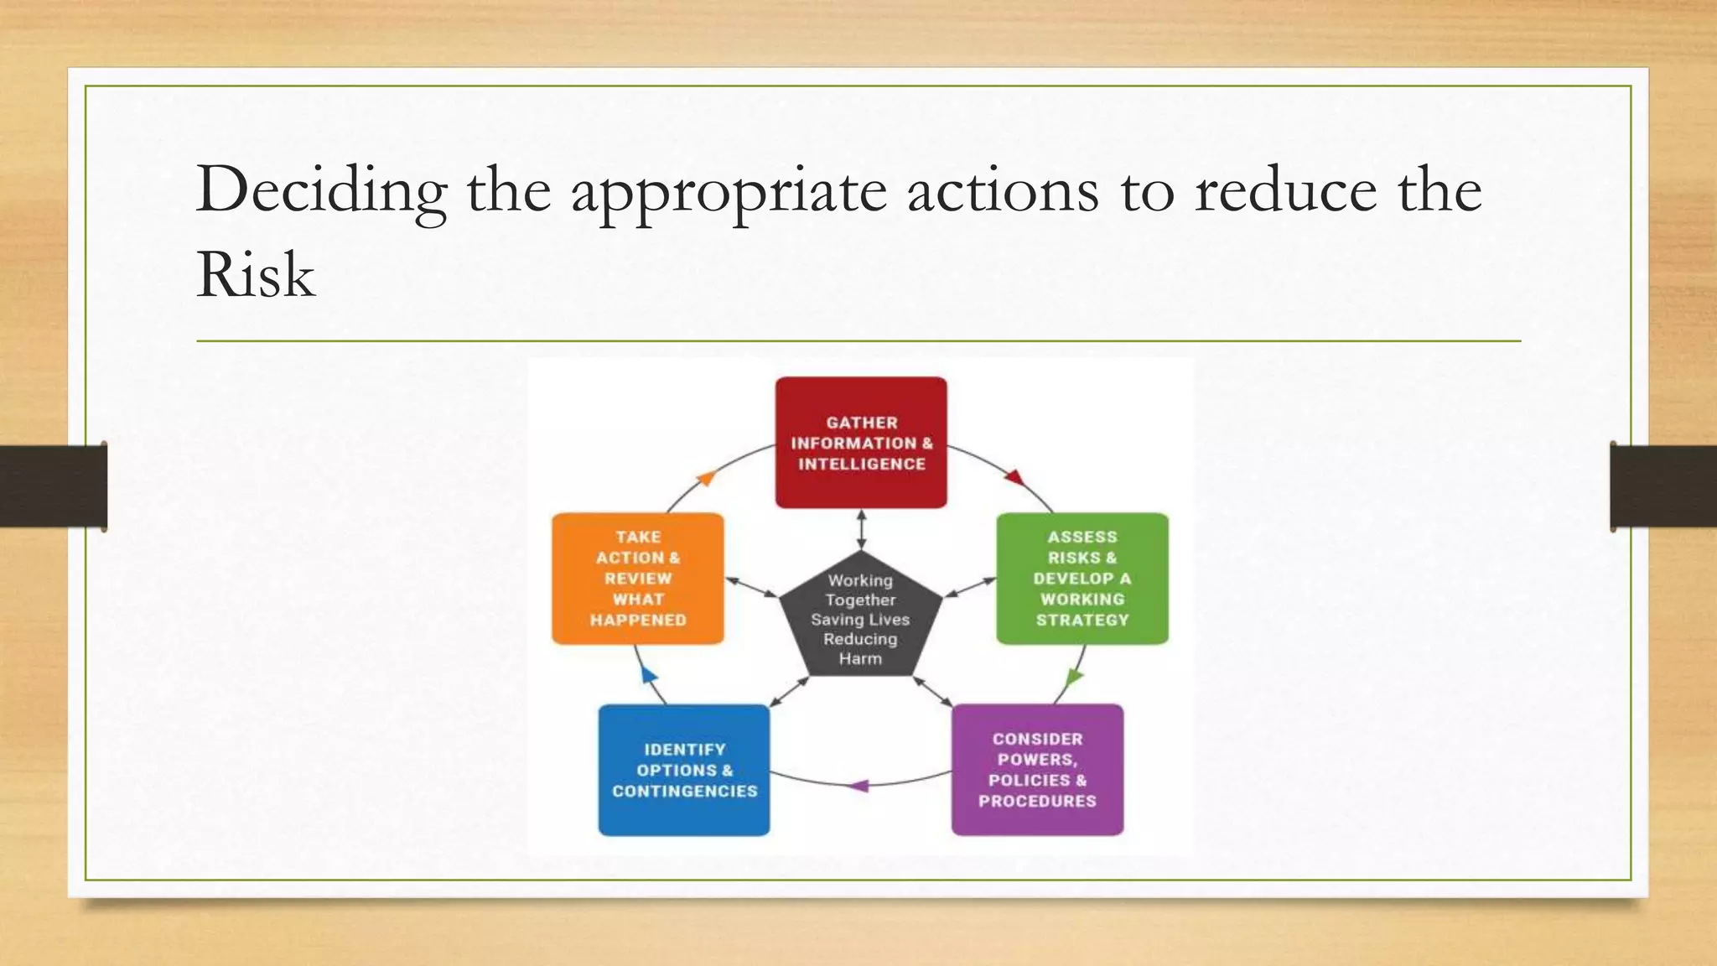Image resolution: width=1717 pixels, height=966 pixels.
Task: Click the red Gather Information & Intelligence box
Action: tap(861, 443)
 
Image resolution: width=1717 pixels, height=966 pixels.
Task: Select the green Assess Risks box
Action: tap(1082, 579)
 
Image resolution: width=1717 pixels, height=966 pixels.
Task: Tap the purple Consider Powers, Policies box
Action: tap(1037, 770)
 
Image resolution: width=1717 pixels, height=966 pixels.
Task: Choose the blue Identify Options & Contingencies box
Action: tap(684, 770)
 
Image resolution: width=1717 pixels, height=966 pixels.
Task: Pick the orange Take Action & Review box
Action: tap(637, 579)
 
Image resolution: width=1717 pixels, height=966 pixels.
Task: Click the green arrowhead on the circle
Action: tap(1073, 677)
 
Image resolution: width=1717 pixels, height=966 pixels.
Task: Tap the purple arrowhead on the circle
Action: tap(859, 786)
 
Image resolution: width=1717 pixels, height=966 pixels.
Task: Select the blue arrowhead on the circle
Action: tap(648, 673)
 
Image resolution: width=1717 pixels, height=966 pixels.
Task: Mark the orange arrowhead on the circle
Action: tap(706, 478)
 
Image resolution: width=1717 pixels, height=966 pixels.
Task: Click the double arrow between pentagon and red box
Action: tap(861, 529)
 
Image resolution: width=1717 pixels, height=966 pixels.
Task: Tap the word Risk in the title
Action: tap(255, 275)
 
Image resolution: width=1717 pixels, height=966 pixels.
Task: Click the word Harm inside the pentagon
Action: tap(860, 659)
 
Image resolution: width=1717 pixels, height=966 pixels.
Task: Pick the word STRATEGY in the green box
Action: tap(1082, 621)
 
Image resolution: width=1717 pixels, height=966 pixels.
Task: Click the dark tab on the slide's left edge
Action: tap(54, 486)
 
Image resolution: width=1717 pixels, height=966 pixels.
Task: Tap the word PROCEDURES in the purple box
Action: tap(1037, 801)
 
